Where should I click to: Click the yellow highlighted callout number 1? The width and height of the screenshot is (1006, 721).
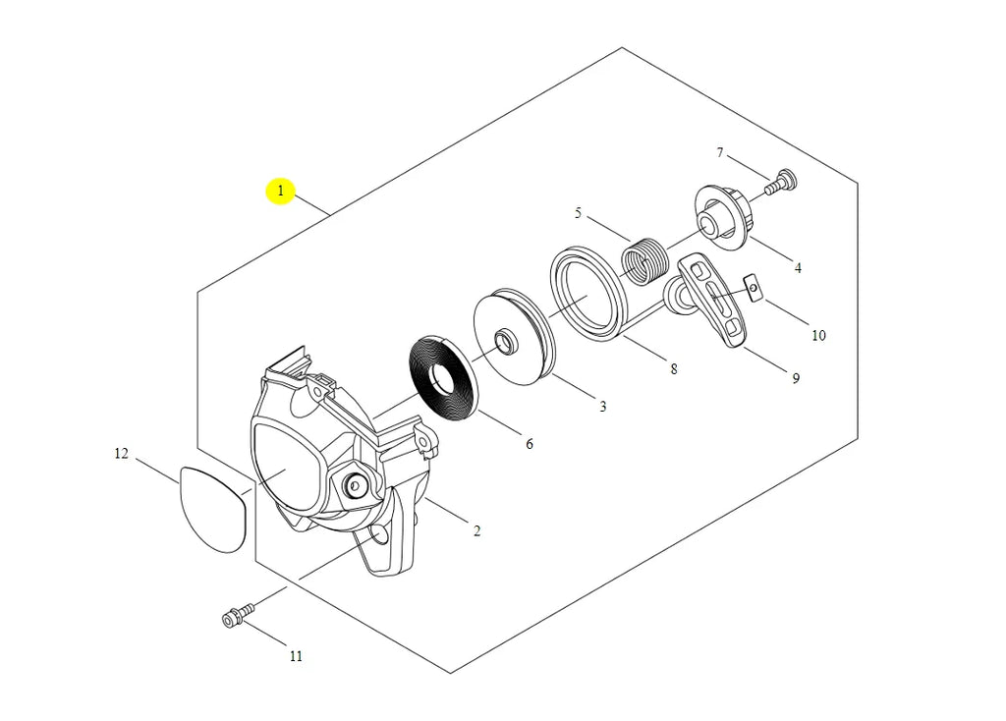tap(280, 191)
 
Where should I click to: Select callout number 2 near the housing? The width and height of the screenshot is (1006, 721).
tap(476, 531)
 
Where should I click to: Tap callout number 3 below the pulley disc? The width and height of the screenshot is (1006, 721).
tap(602, 406)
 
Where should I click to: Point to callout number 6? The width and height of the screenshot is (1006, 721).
tap(529, 444)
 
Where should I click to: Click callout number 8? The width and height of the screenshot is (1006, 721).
tap(673, 369)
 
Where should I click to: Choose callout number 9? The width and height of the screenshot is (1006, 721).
tap(796, 378)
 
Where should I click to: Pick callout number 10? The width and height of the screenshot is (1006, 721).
tap(818, 335)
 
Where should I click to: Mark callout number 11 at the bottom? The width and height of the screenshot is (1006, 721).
tap(296, 656)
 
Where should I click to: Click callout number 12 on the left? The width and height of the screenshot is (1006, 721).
tap(121, 454)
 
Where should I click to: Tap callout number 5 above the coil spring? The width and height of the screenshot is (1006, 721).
tap(578, 213)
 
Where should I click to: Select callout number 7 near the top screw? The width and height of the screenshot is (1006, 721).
tap(720, 152)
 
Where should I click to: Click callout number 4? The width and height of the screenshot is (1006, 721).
tap(798, 267)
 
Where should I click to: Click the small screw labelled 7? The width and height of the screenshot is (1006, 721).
tap(783, 181)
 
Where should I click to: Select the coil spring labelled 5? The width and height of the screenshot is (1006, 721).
tap(646, 260)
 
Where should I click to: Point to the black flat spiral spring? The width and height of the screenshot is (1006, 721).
tap(444, 377)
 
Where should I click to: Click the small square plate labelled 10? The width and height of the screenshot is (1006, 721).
tap(752, 286)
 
